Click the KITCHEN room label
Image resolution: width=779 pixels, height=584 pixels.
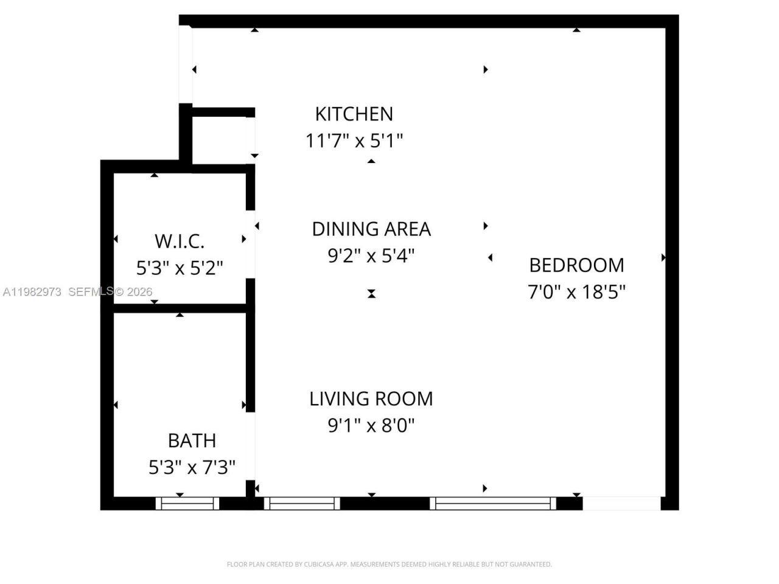click(354, 114)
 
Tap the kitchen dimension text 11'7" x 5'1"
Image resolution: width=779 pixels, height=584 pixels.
click(354, 141)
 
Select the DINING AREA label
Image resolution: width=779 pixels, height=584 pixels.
click(371, 229)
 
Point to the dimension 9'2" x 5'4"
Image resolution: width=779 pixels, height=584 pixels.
click(371, 255)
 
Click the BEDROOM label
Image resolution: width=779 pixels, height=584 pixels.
click(576, 265)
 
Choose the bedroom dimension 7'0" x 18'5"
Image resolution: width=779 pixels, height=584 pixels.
click(576, 292)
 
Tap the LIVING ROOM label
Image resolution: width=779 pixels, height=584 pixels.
click(371, 398)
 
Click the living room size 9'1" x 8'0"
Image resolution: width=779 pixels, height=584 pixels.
click(371, 425)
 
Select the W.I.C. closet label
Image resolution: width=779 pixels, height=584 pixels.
click(180, 241)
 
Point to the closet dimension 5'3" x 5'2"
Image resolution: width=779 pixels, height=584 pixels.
click(180, 268)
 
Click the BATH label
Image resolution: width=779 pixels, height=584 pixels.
click(192, 440)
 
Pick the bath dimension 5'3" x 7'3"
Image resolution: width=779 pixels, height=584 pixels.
click(192, 467)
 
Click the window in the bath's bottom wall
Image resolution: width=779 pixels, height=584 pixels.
click(187, 503)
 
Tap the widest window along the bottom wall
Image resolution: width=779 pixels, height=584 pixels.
click(493, 503)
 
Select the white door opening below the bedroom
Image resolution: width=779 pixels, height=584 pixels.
click(621, 503)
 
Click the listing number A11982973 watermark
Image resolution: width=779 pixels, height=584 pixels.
click(32, 292)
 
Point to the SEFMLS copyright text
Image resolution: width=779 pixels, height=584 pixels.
click(110, 292)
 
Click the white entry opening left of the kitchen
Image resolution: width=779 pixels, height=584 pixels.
click(186, 64)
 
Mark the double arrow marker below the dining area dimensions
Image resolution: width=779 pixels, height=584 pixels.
click(371, 294)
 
